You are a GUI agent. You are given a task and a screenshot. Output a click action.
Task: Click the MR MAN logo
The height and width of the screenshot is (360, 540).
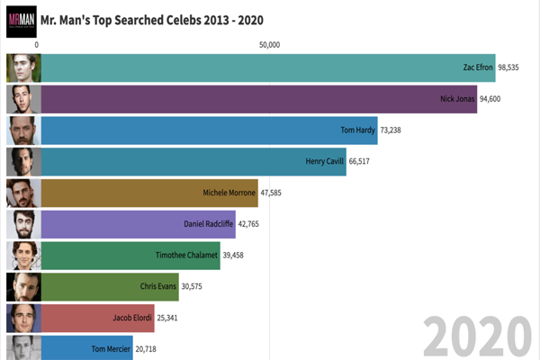pyautogui.click(x=22, y=19)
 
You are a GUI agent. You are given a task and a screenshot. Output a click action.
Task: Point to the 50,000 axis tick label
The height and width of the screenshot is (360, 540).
pyautogui.click(x=269, y=44)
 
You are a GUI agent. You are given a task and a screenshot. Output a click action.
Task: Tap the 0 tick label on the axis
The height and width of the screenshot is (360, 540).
pyautogui.click(x=37, y=44)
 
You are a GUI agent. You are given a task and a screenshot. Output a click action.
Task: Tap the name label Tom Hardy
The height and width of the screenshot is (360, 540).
pyautogui.click(x=357, y=130)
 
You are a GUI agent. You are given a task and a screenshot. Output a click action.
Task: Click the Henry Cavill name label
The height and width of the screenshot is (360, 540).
pyautogui.click(x=324, y=161)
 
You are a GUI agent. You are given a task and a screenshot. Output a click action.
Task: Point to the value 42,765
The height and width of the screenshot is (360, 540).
pyautogui.click(x=256, y=224)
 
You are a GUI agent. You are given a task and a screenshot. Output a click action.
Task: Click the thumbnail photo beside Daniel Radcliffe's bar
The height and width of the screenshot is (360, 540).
pyautogui.click(x=22, y=224)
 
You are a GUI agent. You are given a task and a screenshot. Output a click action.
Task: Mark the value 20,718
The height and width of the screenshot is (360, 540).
pyautogui.click(x=151, y=348)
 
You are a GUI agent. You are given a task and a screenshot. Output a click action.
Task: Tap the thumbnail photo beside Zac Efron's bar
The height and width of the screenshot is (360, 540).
pyautogui.click(x=22, y=67)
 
